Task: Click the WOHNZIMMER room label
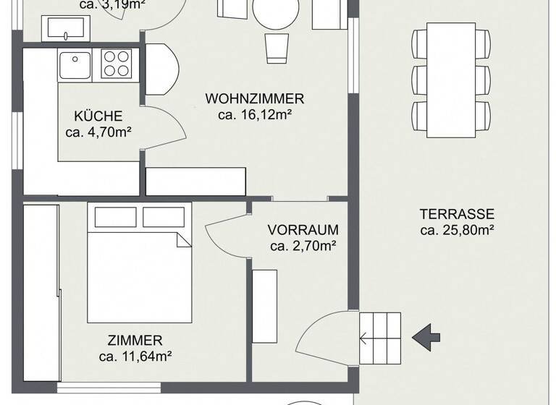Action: [x=254, y=99]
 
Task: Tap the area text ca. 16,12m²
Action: [x=254, y=114]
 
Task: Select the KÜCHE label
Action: [x=98, y=116]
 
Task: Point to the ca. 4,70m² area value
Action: [x=98, y=132]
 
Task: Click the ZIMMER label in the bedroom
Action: [x=135, y=340]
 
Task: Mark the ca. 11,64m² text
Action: [x=135, y=355]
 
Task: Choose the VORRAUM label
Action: [x=303, y=231]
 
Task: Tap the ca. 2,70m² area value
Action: [x=303, y=247]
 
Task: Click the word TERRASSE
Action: [x=457, y=215]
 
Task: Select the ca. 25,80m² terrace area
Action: [x=457, y=231]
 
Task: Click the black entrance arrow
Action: [x=426, y=336]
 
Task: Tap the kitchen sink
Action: [x=74, y=65]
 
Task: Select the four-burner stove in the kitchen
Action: [x=118, y=64]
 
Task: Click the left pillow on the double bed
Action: [x=114, y=217]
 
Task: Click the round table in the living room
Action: [x=276, y=13]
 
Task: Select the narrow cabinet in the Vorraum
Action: [x=264, y=305]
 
